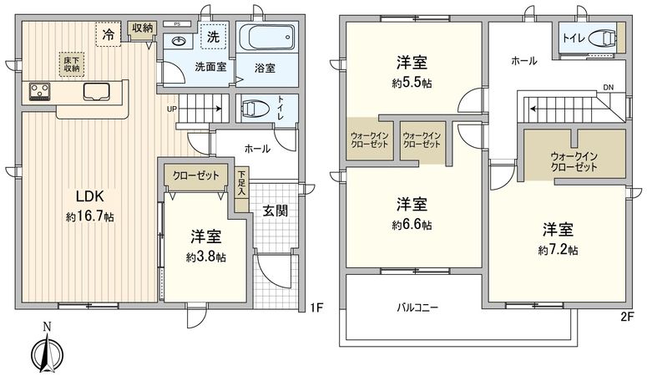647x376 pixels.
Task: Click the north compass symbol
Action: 47,351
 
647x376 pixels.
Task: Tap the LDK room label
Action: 90,197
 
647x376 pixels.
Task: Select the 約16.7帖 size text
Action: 91,216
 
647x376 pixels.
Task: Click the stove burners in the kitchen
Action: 39,90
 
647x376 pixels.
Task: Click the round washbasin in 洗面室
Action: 179,41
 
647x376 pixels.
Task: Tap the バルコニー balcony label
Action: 417,307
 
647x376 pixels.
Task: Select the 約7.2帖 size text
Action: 559,249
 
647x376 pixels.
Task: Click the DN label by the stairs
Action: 609,86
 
